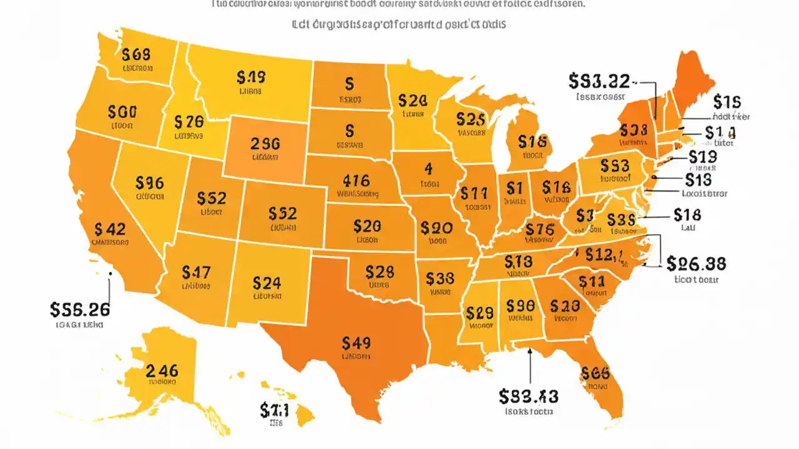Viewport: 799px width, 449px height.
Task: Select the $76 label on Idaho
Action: (x=188, y=122)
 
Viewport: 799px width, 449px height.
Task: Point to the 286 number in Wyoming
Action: (x=265, y=143)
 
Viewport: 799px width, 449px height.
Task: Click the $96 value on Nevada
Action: (x=149, y=183)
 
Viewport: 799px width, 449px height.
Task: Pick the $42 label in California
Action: (x=110, y=229)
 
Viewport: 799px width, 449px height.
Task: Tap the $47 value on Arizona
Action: (x=196, y=272)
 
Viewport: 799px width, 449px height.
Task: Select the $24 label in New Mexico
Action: (x=267, y=282)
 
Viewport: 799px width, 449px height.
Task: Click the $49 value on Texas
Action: (x=356, y=342)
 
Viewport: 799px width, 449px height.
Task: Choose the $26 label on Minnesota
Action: (x=413, y=100)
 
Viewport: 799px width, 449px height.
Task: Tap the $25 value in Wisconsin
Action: (x=471, y=118)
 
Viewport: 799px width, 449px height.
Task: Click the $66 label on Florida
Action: (x=594, y=373)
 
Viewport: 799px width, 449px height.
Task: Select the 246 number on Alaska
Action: (x=162, y=370)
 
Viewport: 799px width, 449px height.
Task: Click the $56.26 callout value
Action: (x=80, y=309)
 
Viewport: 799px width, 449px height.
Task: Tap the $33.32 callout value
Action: (x=599, y=80)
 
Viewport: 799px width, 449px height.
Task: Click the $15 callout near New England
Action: (x=727, y=102)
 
